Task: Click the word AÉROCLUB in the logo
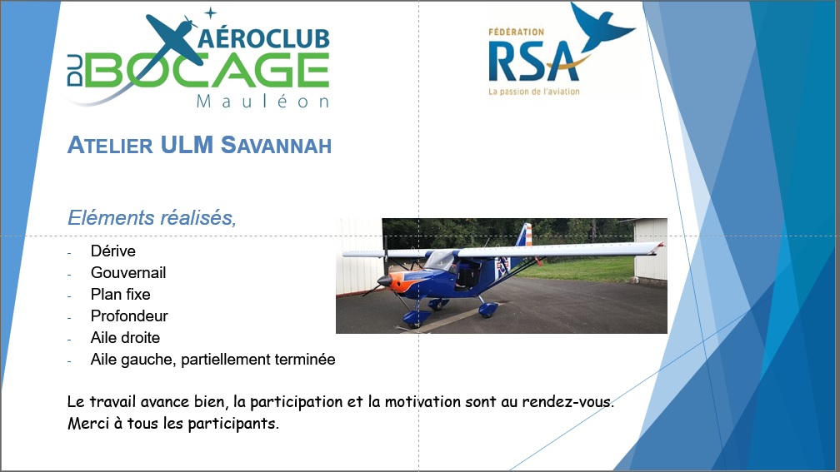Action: [x=264, y=38]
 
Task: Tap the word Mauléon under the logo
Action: [x=262, y=102]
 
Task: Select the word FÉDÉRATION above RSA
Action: [x=516, y=32]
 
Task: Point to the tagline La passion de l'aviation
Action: [x=533, y=92]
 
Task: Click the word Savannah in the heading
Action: [x=276, y=145]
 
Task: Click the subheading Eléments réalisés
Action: [x=152, y=217]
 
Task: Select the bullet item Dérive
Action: [x=113, y=251]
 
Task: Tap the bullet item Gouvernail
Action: [x=128, y=272]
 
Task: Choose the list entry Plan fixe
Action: [x=121, y=295]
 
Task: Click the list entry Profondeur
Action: [x=129, y=315]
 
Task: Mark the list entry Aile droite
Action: [x=125, y=338]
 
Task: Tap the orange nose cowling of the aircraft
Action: [x=401, y=281]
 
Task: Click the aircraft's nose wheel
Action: [x=413, y=323]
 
